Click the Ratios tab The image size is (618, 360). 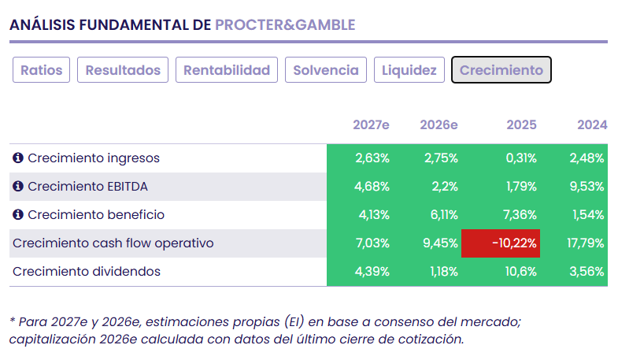[x=42, y=70]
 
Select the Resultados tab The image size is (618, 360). [x=123, y=70]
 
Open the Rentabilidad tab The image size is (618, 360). [x=227, y=70]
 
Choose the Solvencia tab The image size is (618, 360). [x=326, y=70]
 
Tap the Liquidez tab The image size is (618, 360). [x=409, y=70]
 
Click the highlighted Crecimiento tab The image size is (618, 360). [x=501, y=70]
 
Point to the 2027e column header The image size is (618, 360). [x=371, y=124]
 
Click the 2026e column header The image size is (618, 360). [x=439, y=124]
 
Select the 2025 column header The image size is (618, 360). [x=521, y=124]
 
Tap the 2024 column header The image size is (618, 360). [x=592, y=124]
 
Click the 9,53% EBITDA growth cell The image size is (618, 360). [x=587, y=187]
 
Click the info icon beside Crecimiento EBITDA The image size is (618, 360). [x=18, y=187]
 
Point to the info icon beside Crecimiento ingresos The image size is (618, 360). [x=18, y=158]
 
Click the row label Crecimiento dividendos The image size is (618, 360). [x=87, y=272]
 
